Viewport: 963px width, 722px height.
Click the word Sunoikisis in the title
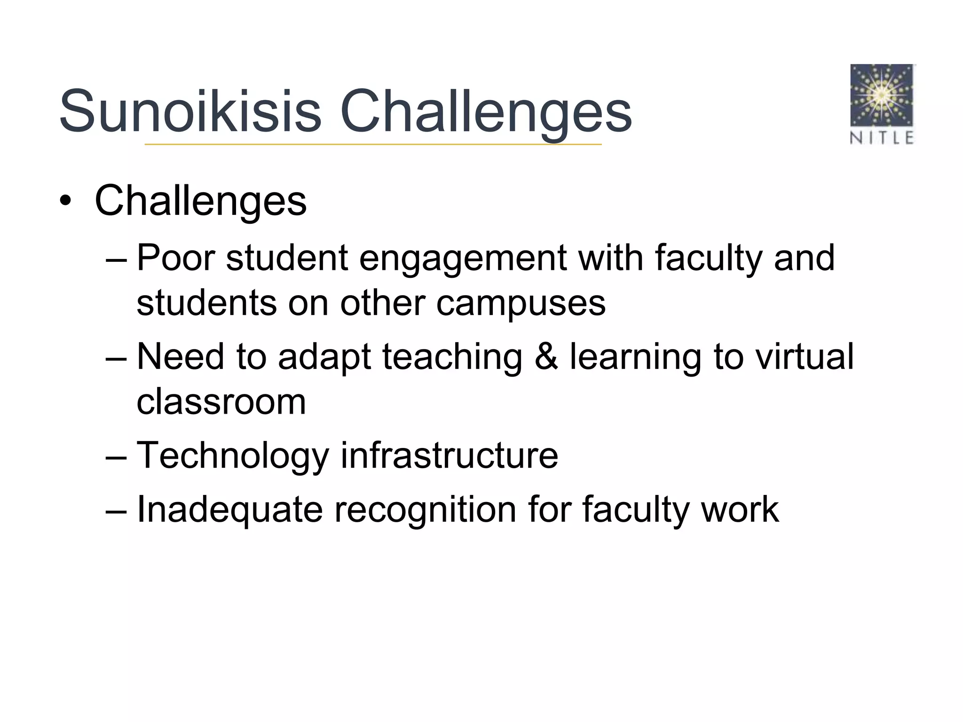point(190,111)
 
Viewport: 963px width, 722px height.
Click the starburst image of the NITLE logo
point(882,95)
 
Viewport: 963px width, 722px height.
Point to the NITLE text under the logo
point(882,138)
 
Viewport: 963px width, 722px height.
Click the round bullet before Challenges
point(65,201)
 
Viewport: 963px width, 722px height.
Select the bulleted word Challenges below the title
point(201,201)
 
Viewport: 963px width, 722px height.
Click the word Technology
point(233,456)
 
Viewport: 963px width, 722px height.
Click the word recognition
point(425,510)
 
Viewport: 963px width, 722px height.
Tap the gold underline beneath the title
point(373,144)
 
